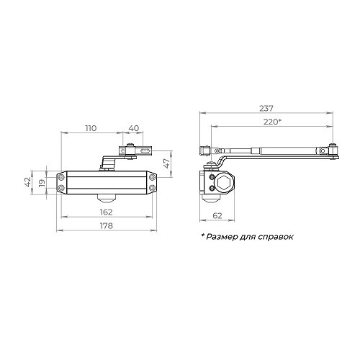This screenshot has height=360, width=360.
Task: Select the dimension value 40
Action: tap(133, 127)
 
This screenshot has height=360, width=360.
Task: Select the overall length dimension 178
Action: tap(107, 227)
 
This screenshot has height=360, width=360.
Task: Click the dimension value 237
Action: tap(268, 108)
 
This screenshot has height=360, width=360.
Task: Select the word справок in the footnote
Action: tap(276, 237)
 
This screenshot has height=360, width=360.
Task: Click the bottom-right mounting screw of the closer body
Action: tap(152, 189)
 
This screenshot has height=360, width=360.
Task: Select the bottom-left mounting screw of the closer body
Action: tap(61, 189)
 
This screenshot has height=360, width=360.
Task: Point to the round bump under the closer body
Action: tap(107, 197)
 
